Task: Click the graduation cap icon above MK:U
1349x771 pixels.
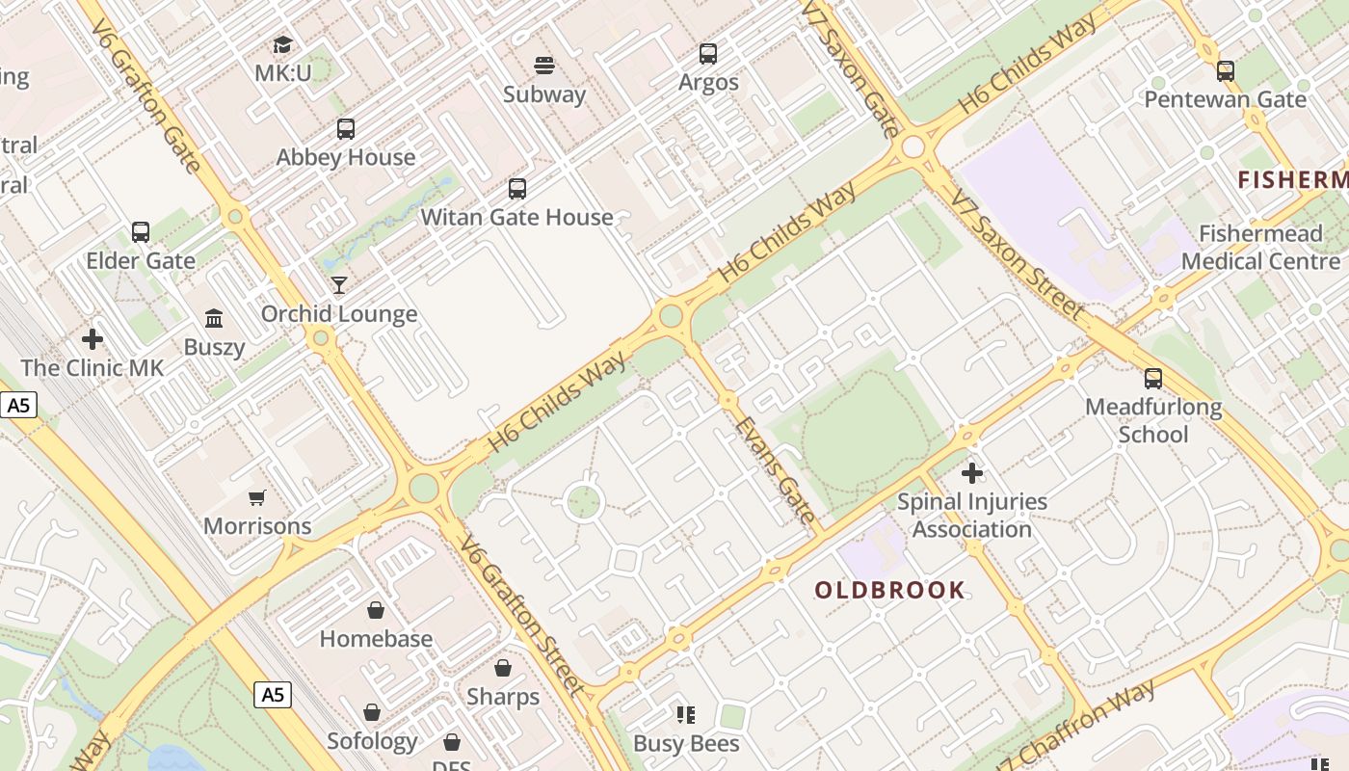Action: point(282,44)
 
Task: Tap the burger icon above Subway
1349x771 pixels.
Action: point(544,66)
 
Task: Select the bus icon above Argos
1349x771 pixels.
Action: point(708,54)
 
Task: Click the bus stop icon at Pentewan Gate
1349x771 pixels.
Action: point(1226,70)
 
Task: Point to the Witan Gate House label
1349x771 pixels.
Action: point(516,217)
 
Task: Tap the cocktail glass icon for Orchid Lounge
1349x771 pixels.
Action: point(339,284)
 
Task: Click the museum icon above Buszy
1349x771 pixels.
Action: point(214,318)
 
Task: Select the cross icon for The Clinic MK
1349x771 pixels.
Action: point(93,339)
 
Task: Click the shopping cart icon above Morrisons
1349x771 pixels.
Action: point(257,497)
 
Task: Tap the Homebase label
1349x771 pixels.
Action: point(376,639)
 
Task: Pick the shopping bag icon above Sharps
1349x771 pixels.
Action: point(503,668)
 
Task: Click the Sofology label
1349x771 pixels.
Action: point(372,741)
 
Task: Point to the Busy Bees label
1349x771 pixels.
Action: point(686,743)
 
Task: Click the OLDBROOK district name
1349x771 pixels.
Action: point(889,590)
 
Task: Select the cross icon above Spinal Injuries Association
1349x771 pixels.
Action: point(972,473)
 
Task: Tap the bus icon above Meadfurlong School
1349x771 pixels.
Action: point(1153,379)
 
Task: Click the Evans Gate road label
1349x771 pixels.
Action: point(775,469)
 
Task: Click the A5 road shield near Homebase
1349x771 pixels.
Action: point(273,694)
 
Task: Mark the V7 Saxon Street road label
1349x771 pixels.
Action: point(1017,255)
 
